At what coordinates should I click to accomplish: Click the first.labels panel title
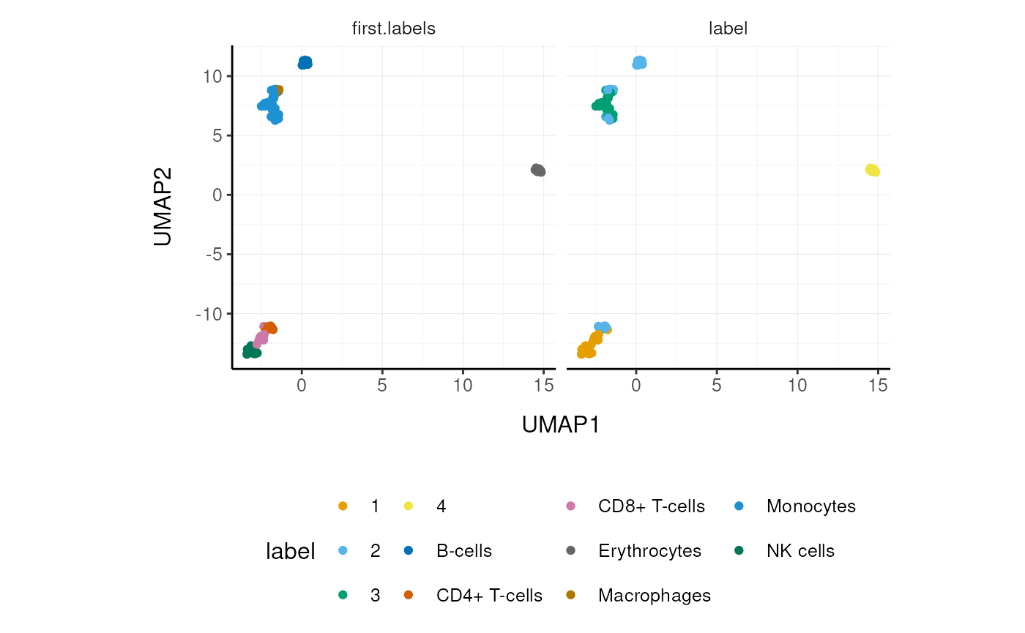pos(394,29)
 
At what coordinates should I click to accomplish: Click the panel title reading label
pos(728,29)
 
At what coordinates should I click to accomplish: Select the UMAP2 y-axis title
pos(163,208)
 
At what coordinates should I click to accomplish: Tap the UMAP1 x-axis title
pos(561,424)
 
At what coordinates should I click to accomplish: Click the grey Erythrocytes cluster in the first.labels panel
pos(538,170)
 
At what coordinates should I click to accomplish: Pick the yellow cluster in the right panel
pos(872,170)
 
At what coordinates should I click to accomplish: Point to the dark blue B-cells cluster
pos(305,63)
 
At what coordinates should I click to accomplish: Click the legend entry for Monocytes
pos(810,506)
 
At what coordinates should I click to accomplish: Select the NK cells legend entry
pos(800,550)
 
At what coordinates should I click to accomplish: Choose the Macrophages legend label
pos(654,595)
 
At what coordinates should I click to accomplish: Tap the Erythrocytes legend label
pos(649,550)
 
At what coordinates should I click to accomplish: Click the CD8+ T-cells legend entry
pos(651,506)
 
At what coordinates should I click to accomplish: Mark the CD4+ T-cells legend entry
pos(489,595)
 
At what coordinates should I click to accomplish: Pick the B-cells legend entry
pos(464,550)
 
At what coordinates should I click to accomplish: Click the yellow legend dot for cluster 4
pos(409,506)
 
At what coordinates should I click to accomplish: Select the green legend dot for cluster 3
pos(343,595)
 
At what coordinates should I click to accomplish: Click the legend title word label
pos(290,551)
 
